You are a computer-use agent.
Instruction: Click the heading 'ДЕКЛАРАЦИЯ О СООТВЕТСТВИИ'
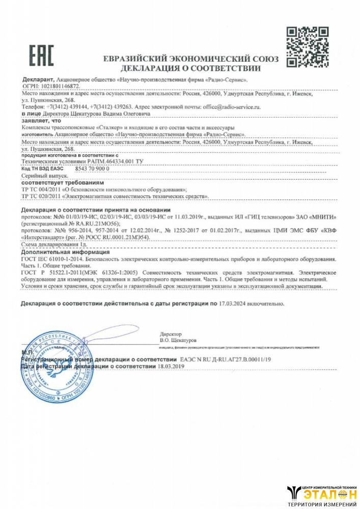click(191, 68)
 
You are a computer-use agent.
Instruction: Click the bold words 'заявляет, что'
click(41, 121)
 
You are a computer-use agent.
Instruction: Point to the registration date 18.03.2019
click(172, 366)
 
